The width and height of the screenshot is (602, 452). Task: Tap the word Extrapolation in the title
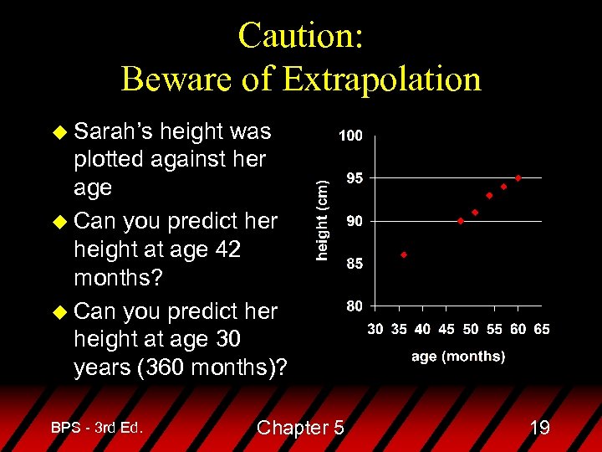(x=382, y=79)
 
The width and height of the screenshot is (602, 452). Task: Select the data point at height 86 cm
(x=404, y=254)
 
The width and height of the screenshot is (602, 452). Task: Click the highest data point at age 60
(x=518, y=177)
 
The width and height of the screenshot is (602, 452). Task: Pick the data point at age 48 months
(x=461, y=221)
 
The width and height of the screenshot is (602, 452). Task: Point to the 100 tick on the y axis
(x=350, y=136)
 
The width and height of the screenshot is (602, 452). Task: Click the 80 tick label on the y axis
(x=354, y=306)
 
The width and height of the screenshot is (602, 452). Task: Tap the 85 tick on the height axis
(x=354, y=264)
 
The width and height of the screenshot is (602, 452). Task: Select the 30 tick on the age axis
(x=375, y=329)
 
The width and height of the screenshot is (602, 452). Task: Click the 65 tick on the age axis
(x=542, y=329)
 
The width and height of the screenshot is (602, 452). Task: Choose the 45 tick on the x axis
(x=446, y=329)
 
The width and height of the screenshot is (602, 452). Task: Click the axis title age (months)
(x=458, y=356)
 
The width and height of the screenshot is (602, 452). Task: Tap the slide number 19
(x=539, y=428)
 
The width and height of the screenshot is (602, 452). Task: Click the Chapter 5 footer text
(x=300, y=428)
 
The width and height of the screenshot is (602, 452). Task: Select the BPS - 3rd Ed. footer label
(x=97, y=428)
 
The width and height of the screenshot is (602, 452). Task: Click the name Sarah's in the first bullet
(x=113, y=131)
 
